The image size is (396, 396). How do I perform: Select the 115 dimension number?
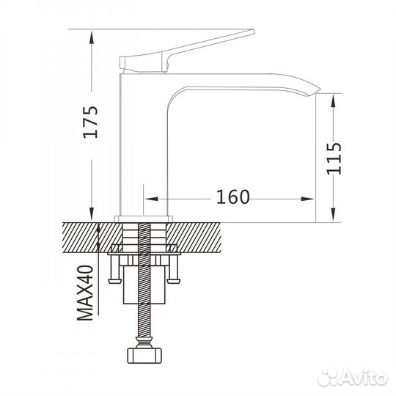(x=333, y=158)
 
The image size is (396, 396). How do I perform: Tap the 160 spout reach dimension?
(x=233, y=197)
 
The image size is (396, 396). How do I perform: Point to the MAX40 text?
(x=87, y=293)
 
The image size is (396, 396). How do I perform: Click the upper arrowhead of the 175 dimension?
(x=94, y=35)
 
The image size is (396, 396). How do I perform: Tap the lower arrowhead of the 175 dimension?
(x=94, y=214)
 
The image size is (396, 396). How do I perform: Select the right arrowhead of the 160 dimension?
(x=311, y=197)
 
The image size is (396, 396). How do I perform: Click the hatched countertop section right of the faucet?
(x=198, y=235)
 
